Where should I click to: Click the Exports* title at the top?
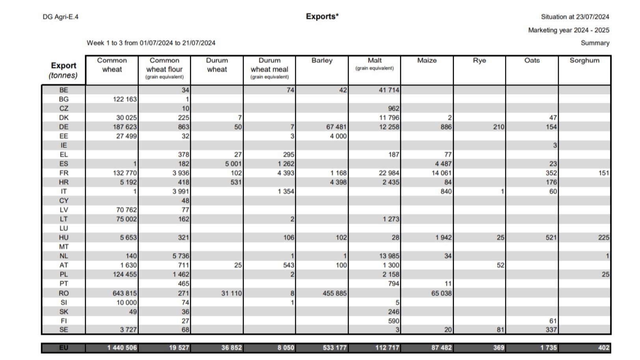[x=322, y=17]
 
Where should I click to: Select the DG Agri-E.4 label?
[x=60, y=17]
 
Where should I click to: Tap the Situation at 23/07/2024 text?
[x=575, y=17]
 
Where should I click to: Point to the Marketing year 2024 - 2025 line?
[x=568, y=30]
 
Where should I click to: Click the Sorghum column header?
[x=584, y=61]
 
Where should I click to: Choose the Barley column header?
[x=322, y=61]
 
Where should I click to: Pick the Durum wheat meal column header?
[x=270, y=68]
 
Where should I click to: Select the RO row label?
[x=63, y=293]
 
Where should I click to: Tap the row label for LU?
[x=63, y=228]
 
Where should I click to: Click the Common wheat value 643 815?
[x=125, y=293]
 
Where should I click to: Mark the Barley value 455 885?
[x=335, y=293]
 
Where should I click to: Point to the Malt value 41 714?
[x=389, y=90]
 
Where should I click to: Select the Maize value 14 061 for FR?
[x=441, y=173]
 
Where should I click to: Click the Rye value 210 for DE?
[x=498, y=127]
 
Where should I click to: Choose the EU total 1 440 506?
[x=122, y=348]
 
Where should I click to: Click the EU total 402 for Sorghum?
[x=603, y=348]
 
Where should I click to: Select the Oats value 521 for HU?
[x=551, y=238]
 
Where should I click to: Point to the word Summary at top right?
[x=595, y=43]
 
